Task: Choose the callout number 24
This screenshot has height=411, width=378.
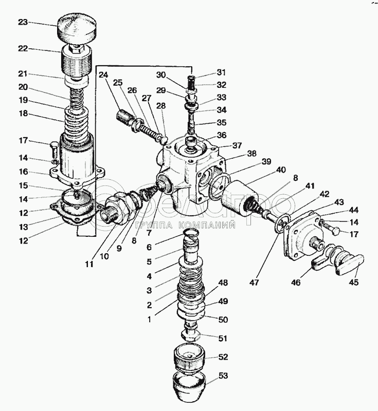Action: (x=103, y=74)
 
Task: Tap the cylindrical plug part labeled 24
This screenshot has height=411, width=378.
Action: (x=126, y=119)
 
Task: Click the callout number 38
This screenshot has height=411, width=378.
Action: (x=237, y=153)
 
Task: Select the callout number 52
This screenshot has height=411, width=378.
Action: (x=223, y=357)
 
